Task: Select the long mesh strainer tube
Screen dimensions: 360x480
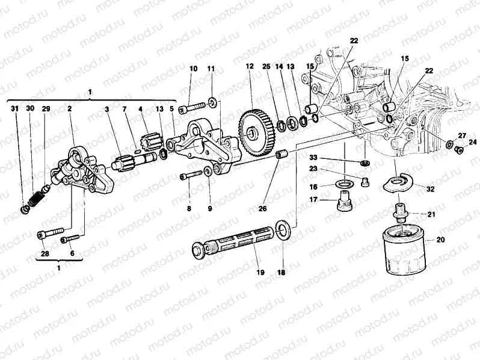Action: pyautogui.click(x=235, y=241)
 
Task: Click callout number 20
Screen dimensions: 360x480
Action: pyautogui.click(x=440, y=240)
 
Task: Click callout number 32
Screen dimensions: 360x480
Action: pyautogui.click(x=431, y=188)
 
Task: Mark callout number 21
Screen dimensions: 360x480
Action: pyautogui.click(x=431, y=214)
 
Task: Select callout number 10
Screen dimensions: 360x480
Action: pyautogui.click(x=193, y=68)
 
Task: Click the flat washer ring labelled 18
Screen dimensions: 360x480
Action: pyautogui.click(x=282, y=229)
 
